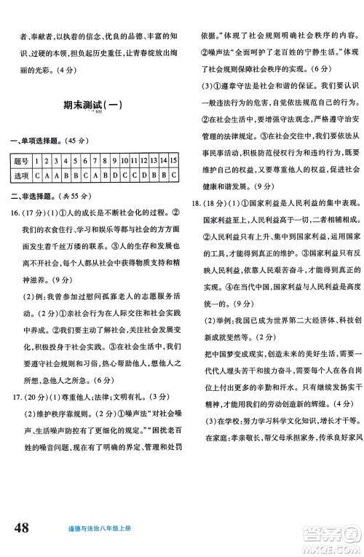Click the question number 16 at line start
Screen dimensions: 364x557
16,213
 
